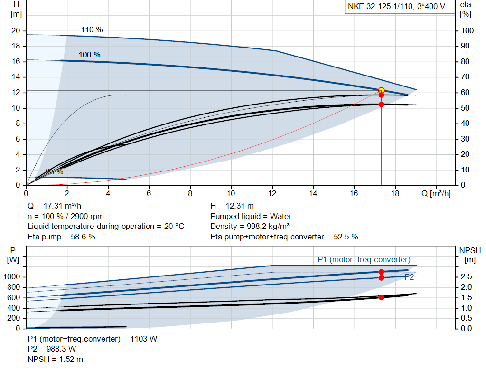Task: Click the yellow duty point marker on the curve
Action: coord(381,90)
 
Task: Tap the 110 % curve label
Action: coord(92,29)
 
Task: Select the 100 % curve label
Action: coord(89,55)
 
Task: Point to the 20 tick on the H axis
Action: coord(16,31)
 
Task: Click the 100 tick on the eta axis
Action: coord(467,31)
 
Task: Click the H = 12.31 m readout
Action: coord(232,206)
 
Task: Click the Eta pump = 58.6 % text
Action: coord(61,237)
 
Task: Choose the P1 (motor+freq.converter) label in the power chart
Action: coord(364,259)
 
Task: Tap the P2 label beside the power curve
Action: coord(409,277)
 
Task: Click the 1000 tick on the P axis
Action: coord(13,277)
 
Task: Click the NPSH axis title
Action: coord(470,250)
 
